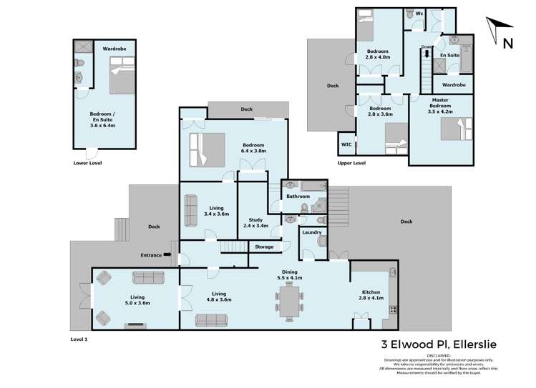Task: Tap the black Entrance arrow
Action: pos(167,254)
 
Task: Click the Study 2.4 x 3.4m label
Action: pos(257,223)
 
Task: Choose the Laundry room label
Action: pos(311,232)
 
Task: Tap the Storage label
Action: pos(264,247)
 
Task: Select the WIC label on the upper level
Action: pos(346,144)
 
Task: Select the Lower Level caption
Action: pos(87,162)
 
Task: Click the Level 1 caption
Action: pos(79,338)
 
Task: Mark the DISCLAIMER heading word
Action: pos(439,355)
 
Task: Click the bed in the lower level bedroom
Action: pos(119,76)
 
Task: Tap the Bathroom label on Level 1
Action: pos(297,196)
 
